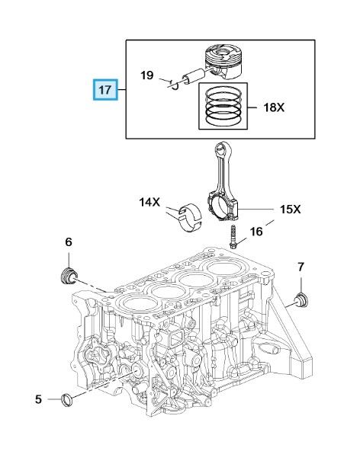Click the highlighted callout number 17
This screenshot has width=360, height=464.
pos(105,90)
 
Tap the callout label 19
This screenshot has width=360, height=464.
pos(147,75)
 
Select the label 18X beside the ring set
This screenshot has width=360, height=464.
pos(274,107)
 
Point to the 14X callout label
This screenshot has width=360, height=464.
pos(149,202)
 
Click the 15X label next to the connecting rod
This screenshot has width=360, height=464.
pos(291,210)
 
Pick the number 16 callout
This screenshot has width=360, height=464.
pos(256,232)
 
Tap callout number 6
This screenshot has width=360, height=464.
pos(69,242)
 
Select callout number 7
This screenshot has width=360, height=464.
pos(301,267)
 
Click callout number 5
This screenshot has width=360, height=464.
pos(39,399)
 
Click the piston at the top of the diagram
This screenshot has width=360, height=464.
pos(223,62)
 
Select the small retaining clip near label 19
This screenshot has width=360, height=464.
pos(174,85)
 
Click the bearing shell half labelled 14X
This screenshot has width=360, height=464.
pos(190,218)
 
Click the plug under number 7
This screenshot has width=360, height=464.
pos(301,300)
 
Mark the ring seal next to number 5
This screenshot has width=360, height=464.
pos(67,400)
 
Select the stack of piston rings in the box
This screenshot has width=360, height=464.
pos(223,106)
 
